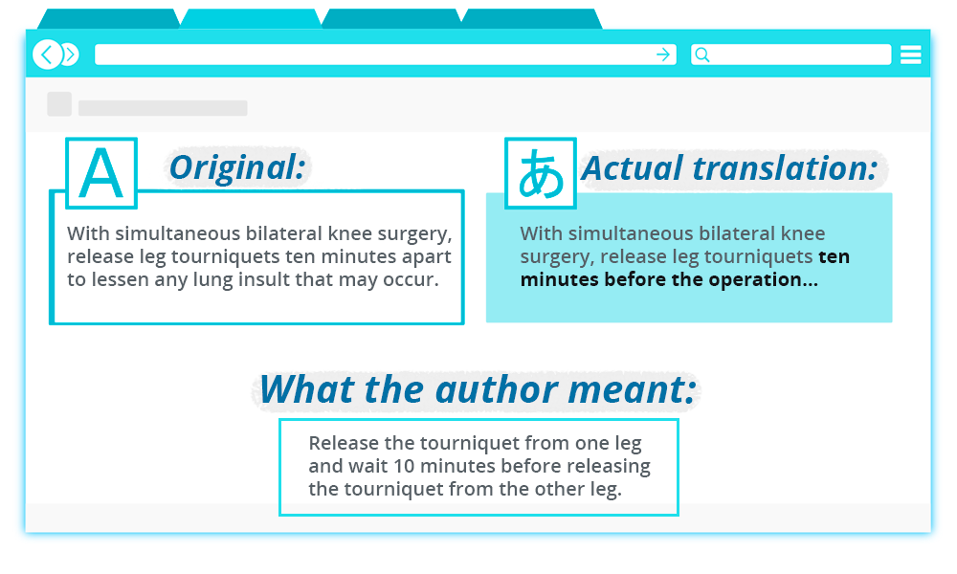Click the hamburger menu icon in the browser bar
coord(910,55)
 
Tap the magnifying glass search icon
coord(701,55)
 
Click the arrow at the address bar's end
coord(663,55)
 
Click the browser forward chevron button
coord(69,55)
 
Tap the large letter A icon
coord(101,173)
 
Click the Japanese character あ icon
coord(541,173)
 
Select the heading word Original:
coord(237,168)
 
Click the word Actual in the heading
coord(632,168)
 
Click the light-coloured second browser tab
coord(250,19)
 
